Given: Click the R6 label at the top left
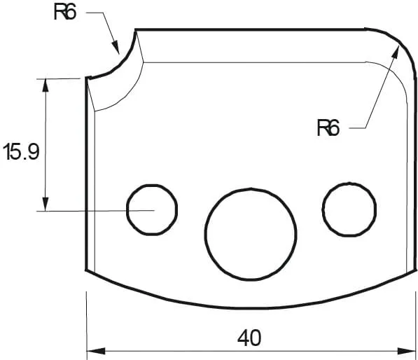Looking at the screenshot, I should tap(65, 13).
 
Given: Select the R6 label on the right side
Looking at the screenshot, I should tap(328, 128).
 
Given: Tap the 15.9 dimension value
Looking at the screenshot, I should tap(21, 152).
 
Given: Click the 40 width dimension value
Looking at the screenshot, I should tap(249, 338).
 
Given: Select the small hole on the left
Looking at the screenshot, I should tap(151, 209).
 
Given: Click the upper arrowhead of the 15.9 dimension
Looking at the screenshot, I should tap(46, 85).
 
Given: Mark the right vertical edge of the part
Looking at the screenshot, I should tap(415, 175).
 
